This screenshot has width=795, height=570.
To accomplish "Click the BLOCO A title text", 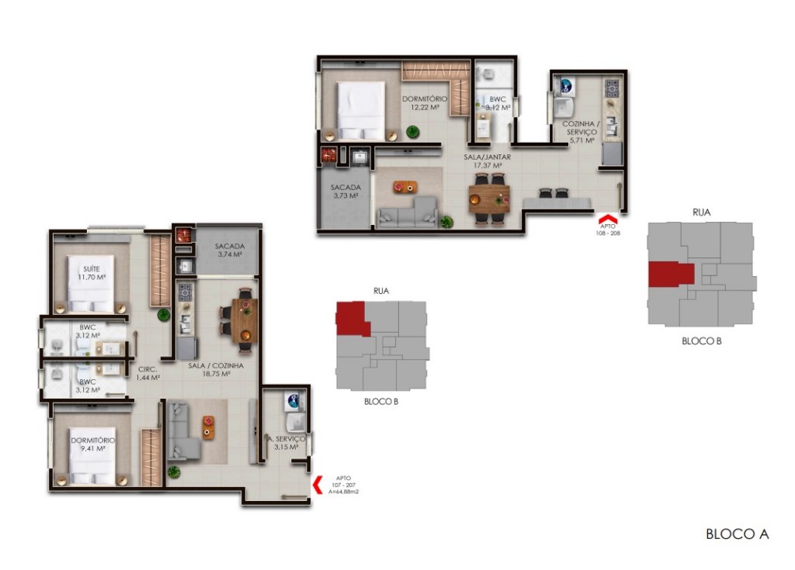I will (x=737, y=534).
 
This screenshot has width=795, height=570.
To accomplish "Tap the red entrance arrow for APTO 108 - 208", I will (x=606, y=219).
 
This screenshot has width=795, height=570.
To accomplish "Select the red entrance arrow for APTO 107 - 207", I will (x=318, y=485).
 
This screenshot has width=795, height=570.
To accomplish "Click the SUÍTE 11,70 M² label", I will (x=91, y=271).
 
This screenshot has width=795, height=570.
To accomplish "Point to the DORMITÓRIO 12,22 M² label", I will (x=425, y=102).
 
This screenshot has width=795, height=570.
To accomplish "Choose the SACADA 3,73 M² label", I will (x=345, y=192).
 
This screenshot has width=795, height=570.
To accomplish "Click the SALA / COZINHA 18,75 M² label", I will (x=216, y=368).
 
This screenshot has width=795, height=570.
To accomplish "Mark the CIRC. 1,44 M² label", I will (x=148, y=373).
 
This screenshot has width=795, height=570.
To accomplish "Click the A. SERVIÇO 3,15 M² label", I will (x=286, y=442).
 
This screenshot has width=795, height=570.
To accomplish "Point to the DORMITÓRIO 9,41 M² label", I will (x=92, y=444).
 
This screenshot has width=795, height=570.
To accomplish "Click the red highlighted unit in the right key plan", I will (x=671, y=274).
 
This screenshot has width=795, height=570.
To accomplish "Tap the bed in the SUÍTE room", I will (x=91, y=283).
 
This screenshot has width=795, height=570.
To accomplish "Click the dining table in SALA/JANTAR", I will (x=488, y=199).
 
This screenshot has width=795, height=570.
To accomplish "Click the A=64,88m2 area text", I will (x=342, y=491).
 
